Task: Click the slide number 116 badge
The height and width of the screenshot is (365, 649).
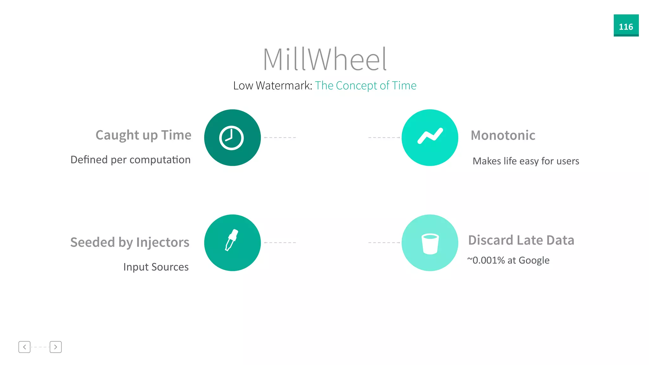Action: (x=626, y=26)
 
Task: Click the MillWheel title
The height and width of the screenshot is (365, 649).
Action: (x=325, y=59)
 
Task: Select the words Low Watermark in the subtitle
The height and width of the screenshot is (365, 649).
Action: (x=273, y=86)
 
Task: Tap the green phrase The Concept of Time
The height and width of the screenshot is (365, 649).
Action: (x=365, y=86)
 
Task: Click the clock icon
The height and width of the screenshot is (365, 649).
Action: (x=232, y=138)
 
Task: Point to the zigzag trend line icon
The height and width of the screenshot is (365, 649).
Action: (x=430, y=136)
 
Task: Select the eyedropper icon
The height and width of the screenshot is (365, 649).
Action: (x=231, y=240)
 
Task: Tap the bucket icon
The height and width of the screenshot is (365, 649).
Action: (x=430, y=244)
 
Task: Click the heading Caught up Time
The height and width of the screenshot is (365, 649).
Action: (x=143, y=135)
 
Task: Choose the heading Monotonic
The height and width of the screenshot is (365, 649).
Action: (x=503, y=135)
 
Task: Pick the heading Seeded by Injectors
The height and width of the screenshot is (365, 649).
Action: (x=130, y=242)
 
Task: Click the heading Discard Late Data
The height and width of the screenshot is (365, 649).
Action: (x=521, y=240)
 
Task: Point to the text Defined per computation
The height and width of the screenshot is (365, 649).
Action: (x=131, y=160)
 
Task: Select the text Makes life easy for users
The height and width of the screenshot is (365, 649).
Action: (x=526, y=161)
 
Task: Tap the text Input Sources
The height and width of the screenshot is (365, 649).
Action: (x=156, y=267)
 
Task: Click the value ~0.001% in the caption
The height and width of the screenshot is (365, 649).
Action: (x=486, y=260)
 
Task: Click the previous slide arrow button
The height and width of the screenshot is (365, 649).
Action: (x=24, y=347)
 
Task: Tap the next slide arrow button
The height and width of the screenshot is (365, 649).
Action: (x=55, y=347)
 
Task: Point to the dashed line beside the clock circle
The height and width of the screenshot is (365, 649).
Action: (x=280, y=138)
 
